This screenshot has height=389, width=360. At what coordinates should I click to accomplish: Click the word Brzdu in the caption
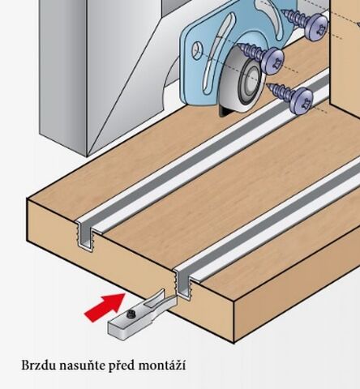click(x=39, y=365)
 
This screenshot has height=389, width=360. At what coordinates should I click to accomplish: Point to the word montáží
click(x=162, y=365)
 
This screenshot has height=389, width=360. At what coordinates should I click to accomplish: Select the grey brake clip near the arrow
click(x=142, y=314)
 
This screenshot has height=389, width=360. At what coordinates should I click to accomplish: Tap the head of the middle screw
click(x=273, y=61)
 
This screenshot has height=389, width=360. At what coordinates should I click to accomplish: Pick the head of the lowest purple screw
click(x=301, y=100)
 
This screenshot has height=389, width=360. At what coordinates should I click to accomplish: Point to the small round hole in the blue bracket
click(x=197, y=49)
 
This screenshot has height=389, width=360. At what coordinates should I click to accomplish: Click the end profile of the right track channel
click(x=183, y=284)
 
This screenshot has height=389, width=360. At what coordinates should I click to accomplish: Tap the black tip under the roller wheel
click(x=225, y=112)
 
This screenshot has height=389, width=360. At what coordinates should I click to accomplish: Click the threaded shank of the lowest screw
click(x=279, y=92)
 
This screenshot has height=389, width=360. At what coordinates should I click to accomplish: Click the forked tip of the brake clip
click(x=161, y=300)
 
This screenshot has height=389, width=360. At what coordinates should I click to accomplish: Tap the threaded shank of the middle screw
click(x=251, y=51)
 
